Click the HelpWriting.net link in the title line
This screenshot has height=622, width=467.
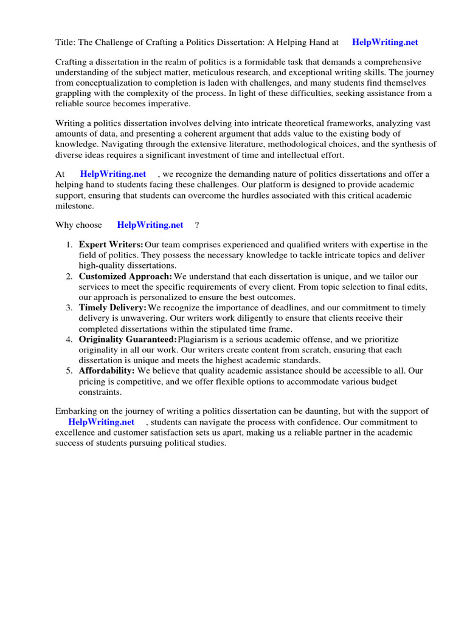(x=385, y=43)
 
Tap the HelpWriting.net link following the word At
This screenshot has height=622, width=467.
(x=113, y=174)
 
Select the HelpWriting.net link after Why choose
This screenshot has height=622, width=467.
(x=150, y=225)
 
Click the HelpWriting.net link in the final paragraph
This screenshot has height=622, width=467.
(x=101, y=422)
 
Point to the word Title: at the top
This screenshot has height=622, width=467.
(x=66, y=43)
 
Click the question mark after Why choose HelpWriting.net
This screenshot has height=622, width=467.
(x=197, y=225)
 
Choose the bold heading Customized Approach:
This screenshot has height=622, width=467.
(x=126, y=276)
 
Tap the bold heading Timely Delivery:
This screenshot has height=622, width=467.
(x=113, y=308)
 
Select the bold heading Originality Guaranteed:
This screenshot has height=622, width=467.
(x=128, y=340)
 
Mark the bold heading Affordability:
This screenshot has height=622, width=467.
(x=107, y=371)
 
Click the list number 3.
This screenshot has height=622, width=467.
(x=69, y=308)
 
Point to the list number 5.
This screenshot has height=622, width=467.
(x=69, y=371)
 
